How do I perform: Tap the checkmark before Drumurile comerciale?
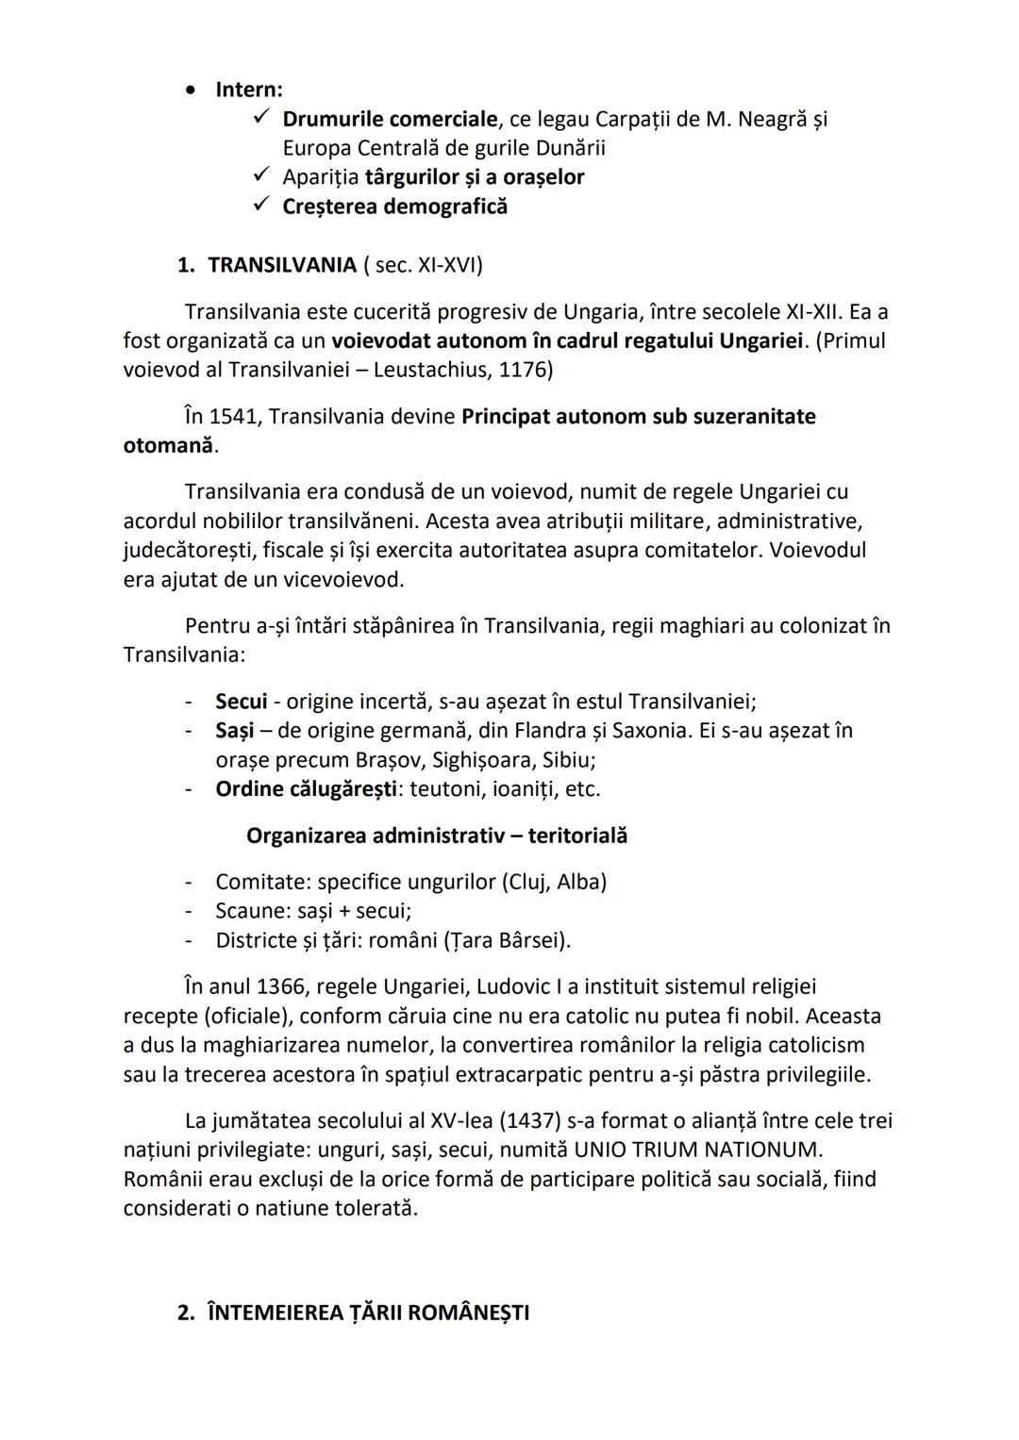pyautogui.click(x=262, y=118)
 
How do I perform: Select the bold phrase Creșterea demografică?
pyautogui.click(x=394, y=207)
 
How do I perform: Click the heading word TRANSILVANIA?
pyautogui.click(x=282, y=265)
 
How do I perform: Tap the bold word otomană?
pyautogui.click(x=167, y=446)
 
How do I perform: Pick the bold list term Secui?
pyautogui.click(x=241, y=702)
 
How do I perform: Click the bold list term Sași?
pyautogui.click(x=236, y=731)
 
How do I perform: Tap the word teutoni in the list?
pyautogui.click(x=447, y=789)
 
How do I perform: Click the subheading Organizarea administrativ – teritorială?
pyautogui.click(x=436, y=836)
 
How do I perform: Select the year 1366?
pyautogui.click(x=281, y=987)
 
